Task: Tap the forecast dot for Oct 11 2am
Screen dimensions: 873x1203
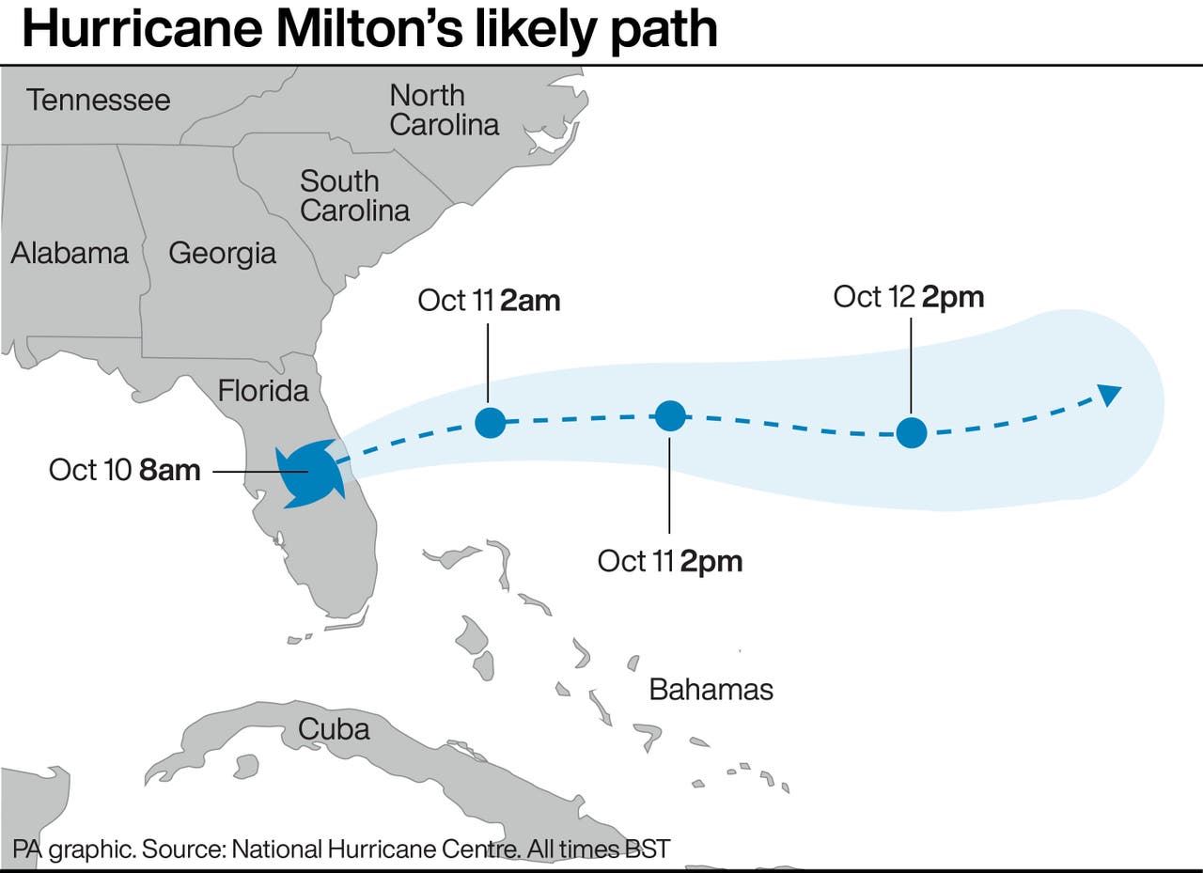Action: coord(490,422)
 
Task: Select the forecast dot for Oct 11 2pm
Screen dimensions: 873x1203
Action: coord(670,415)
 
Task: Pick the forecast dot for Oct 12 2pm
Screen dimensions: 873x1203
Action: coord(911,432)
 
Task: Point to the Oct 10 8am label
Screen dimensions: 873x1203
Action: coord(124,470)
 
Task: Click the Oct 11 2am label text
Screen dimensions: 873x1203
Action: coord(489,301)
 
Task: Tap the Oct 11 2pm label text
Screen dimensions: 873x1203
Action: coord(670,561)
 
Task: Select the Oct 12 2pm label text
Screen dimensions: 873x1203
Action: coord(909,297)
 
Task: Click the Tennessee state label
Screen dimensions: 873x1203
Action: coord(98,100)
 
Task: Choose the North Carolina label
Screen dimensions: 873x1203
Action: coord(444,110)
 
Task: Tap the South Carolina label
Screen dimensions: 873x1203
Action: coord(354,195)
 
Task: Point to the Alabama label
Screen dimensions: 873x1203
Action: coord(70,253)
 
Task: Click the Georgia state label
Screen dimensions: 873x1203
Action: coord(222,253)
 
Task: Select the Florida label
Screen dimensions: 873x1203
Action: coord(263,390)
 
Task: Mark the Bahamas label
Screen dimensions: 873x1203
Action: coord(711,690)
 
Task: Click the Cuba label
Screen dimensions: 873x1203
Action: coord(334,728)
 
